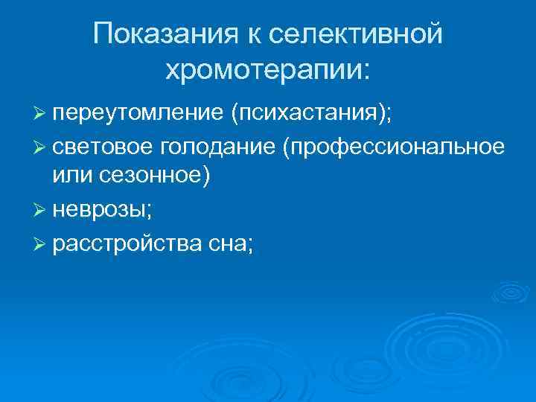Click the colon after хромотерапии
coord(364,71)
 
